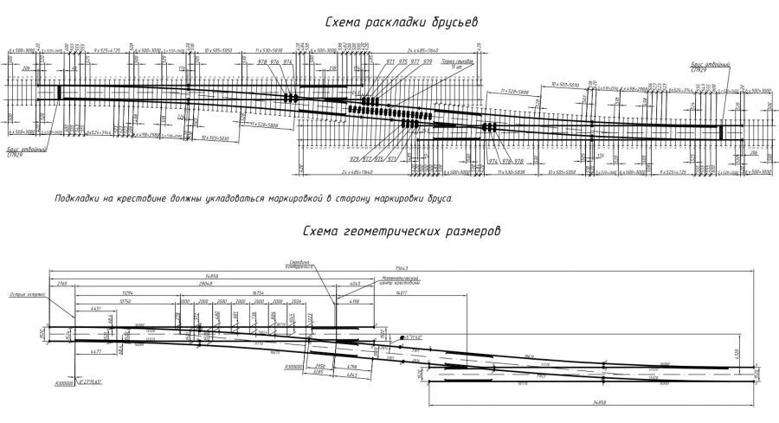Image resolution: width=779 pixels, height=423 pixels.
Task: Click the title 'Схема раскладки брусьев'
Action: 402,22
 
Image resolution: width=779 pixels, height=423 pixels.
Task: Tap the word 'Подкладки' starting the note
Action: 75,198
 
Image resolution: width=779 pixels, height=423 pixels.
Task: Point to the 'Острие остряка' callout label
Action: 26,295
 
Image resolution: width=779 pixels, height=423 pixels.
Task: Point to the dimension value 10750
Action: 112,301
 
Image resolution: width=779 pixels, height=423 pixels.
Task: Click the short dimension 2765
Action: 62,283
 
